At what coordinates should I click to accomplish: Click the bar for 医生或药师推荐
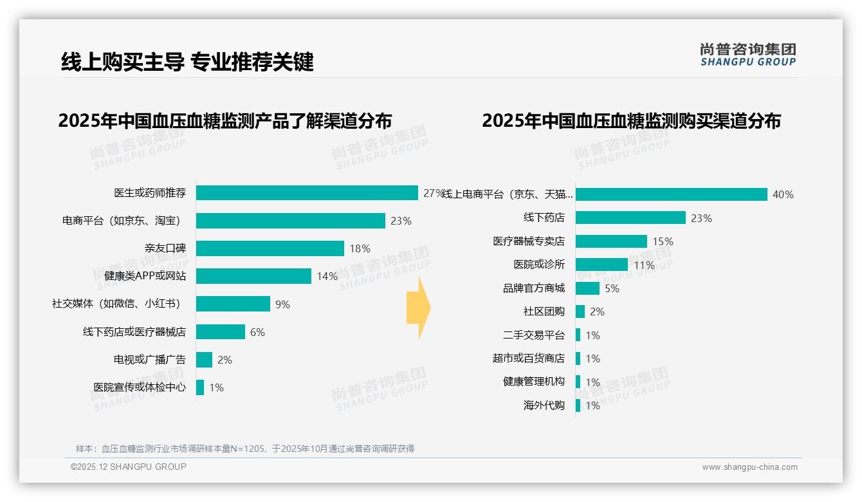click(307, 193)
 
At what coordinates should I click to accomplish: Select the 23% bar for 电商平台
click(290, 221)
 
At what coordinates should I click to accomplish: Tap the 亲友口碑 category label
click(165, 248)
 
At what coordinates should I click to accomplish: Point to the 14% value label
click(327, 277)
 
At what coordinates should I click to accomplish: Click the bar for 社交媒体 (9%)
click(233, 304)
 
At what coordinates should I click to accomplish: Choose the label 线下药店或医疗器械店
click(134, 332)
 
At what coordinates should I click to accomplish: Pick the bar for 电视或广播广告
click(204, 360)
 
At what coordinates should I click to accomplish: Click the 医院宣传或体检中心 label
click(140, 387)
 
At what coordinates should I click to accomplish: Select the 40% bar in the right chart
click(671, 194)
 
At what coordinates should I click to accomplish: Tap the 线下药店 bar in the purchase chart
click(630, 218)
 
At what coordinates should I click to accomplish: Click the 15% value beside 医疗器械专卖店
click(663, 242)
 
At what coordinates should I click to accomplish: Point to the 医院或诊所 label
click(538, 265)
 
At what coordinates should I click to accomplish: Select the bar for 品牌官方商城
click(587, 288)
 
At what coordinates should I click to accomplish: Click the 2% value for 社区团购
click(597, 312)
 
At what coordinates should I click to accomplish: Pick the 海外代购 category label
click(544, 405)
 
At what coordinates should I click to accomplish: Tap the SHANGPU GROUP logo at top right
click(747, 55)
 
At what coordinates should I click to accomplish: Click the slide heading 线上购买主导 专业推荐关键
click(187, 62)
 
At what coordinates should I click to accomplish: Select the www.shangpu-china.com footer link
click(749, 467)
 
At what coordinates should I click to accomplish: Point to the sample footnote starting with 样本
click(245, 449)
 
